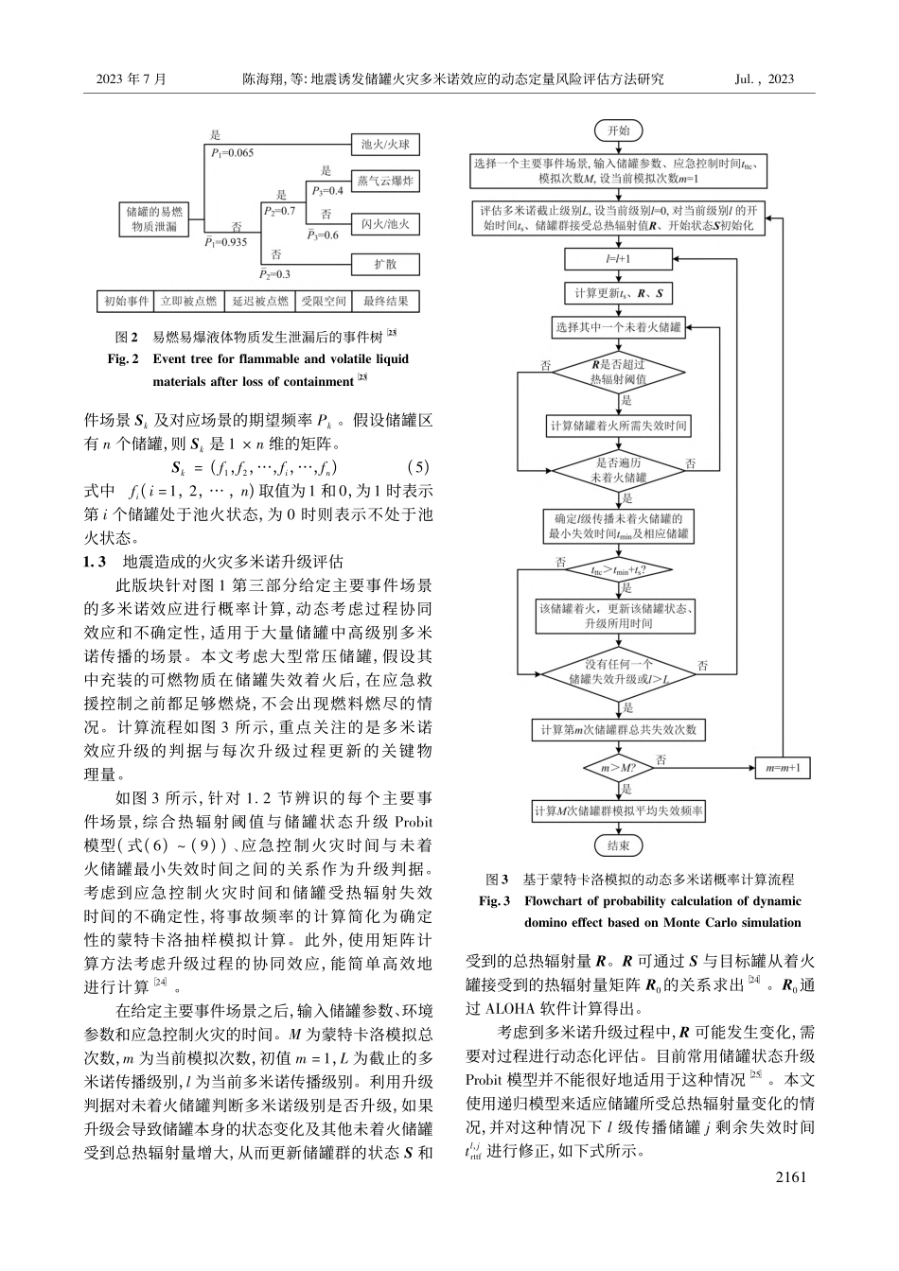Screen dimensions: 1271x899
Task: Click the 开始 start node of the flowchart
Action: [618, 131]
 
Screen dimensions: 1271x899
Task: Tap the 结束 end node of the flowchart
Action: [618, 844]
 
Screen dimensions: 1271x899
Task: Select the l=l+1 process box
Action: [618, 258]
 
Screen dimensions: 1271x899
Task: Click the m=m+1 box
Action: [783, 768]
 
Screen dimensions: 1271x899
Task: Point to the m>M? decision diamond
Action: [618, 768]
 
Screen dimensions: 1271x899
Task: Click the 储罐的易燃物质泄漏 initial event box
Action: [156, 219]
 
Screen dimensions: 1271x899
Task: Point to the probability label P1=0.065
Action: [232, 152]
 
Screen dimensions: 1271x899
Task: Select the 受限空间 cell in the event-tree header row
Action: [325, 302]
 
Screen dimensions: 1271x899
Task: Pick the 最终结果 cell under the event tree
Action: [385, 302]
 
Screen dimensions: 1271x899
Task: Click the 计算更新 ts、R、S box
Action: [618, 293]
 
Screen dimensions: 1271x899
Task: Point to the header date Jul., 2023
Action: [764, 79]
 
